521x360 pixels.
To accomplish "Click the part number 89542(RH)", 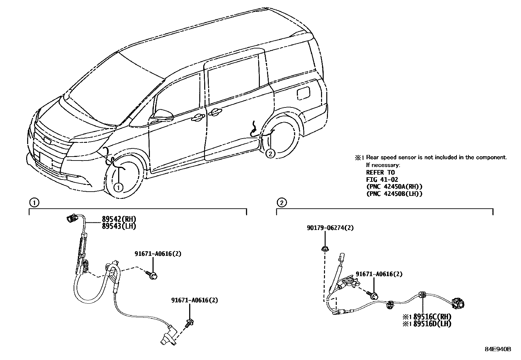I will tap(114, 219).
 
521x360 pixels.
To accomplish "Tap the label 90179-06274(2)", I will tap(330, 228).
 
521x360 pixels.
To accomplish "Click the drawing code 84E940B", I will tap(498, 349).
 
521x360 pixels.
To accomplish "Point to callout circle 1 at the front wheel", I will tap(118, 187).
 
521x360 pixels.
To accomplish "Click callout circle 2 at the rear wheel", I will tap(270, 153).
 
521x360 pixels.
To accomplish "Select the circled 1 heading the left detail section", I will tap(34, 202).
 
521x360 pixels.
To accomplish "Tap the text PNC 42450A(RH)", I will tap(394, 187).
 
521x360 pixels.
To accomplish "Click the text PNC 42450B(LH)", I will tap(394, 194).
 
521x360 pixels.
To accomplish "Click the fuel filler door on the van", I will tap(304, 93).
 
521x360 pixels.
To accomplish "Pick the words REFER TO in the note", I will tap(380, 172).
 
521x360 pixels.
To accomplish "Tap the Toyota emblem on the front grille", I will tap(48, 141).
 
